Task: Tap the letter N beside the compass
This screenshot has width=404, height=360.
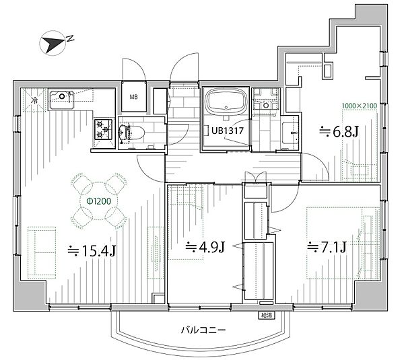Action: pyautogui.click(x=70, y=38)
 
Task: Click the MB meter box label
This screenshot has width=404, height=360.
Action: pyautogui.click(x=133, y=97)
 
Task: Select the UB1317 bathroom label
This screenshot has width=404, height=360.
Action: pyautogui.click(x=228, y=131)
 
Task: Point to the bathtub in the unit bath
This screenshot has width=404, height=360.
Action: pyautogui.click(x=226, y=102)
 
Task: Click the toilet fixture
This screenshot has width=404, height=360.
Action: pyautogui.click(x=132, y=133)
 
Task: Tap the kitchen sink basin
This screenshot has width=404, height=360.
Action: pyautogui.click(x=61, y=100)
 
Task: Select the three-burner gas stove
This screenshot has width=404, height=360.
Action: pyautogui.click(x=103, y=129)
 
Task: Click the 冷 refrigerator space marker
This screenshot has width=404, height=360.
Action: pyautogui.click(x=34, y=100)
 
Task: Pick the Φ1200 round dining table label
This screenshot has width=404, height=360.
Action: pyautogui.click(x=99, y=201)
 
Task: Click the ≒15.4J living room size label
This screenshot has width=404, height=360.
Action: pyautogui.click(x=92, y=250)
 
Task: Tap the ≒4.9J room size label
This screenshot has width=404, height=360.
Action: pyautogui.click(x=205, y=247)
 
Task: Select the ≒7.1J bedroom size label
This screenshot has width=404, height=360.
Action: pyautogui.click(x=327, y=248)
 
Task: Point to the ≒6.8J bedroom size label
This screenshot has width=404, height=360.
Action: pyautogui.click(x=339, y=132)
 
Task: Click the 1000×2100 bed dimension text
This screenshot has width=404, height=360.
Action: pyautogui.click(x=360, y=106)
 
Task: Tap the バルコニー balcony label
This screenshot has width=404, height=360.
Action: pyautogui.click(x=203, y=330)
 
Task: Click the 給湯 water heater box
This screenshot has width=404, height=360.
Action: pyautogui.click(x=267, y=315)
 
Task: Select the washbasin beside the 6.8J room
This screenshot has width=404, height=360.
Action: pyautogui.click(x=291, y=133)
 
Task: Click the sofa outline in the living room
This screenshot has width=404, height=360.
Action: pyautogui.click(x=42, y=252)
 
